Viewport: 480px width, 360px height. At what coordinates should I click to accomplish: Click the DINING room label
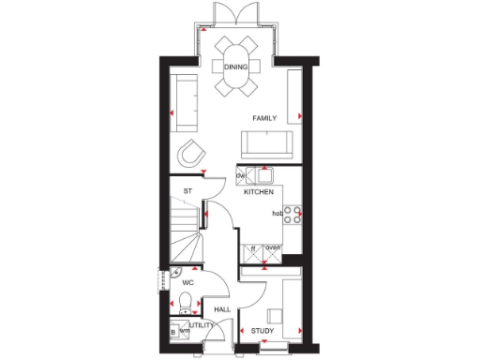235,67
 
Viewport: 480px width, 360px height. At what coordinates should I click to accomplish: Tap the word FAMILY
265,118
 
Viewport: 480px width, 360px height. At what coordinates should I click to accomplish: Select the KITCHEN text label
259,191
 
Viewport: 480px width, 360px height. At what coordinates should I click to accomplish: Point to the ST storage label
187,191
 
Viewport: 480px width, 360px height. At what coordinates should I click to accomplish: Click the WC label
187,282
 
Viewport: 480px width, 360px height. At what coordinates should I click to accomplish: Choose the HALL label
222,308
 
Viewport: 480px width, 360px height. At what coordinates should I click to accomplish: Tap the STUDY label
262,331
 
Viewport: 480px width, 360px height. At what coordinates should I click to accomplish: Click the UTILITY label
202,324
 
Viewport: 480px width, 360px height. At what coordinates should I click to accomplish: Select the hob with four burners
292,215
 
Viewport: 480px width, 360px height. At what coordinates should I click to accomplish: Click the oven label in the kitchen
273,247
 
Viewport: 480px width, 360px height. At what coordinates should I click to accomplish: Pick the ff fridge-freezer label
254,247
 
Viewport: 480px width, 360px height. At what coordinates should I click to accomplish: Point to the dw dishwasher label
241,174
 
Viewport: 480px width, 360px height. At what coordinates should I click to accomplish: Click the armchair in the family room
192,153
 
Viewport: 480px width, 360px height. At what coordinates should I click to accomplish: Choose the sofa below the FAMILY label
266,143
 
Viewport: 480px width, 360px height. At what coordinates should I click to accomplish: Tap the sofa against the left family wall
186,101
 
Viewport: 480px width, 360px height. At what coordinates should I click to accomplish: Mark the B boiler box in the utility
173,332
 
